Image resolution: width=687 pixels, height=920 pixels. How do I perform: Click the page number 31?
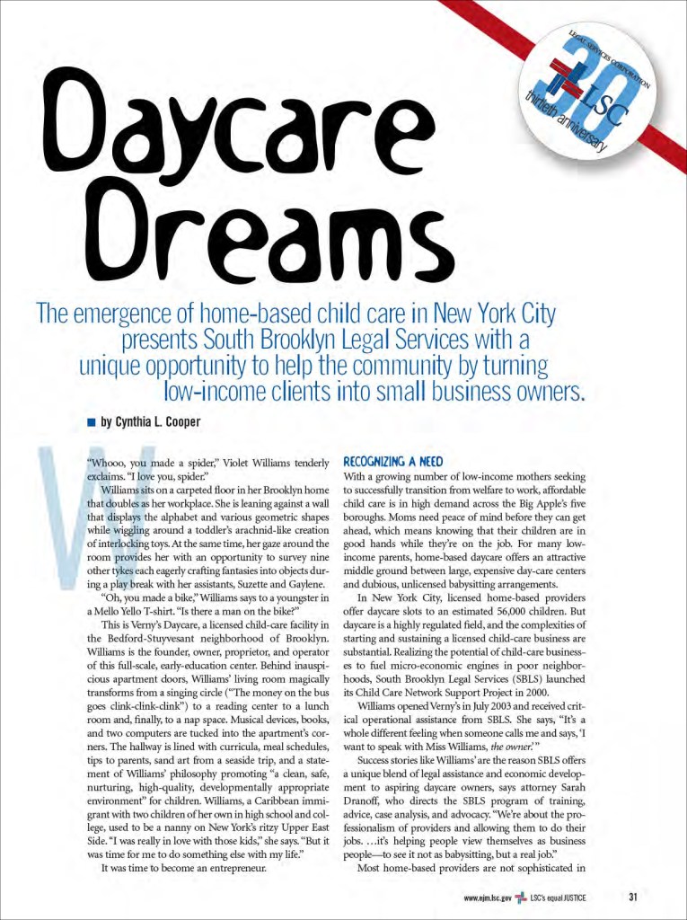point(633,896)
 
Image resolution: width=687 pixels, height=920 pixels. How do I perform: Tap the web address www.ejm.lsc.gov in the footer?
point(488,897)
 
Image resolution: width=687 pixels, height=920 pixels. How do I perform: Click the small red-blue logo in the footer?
point(520,897)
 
